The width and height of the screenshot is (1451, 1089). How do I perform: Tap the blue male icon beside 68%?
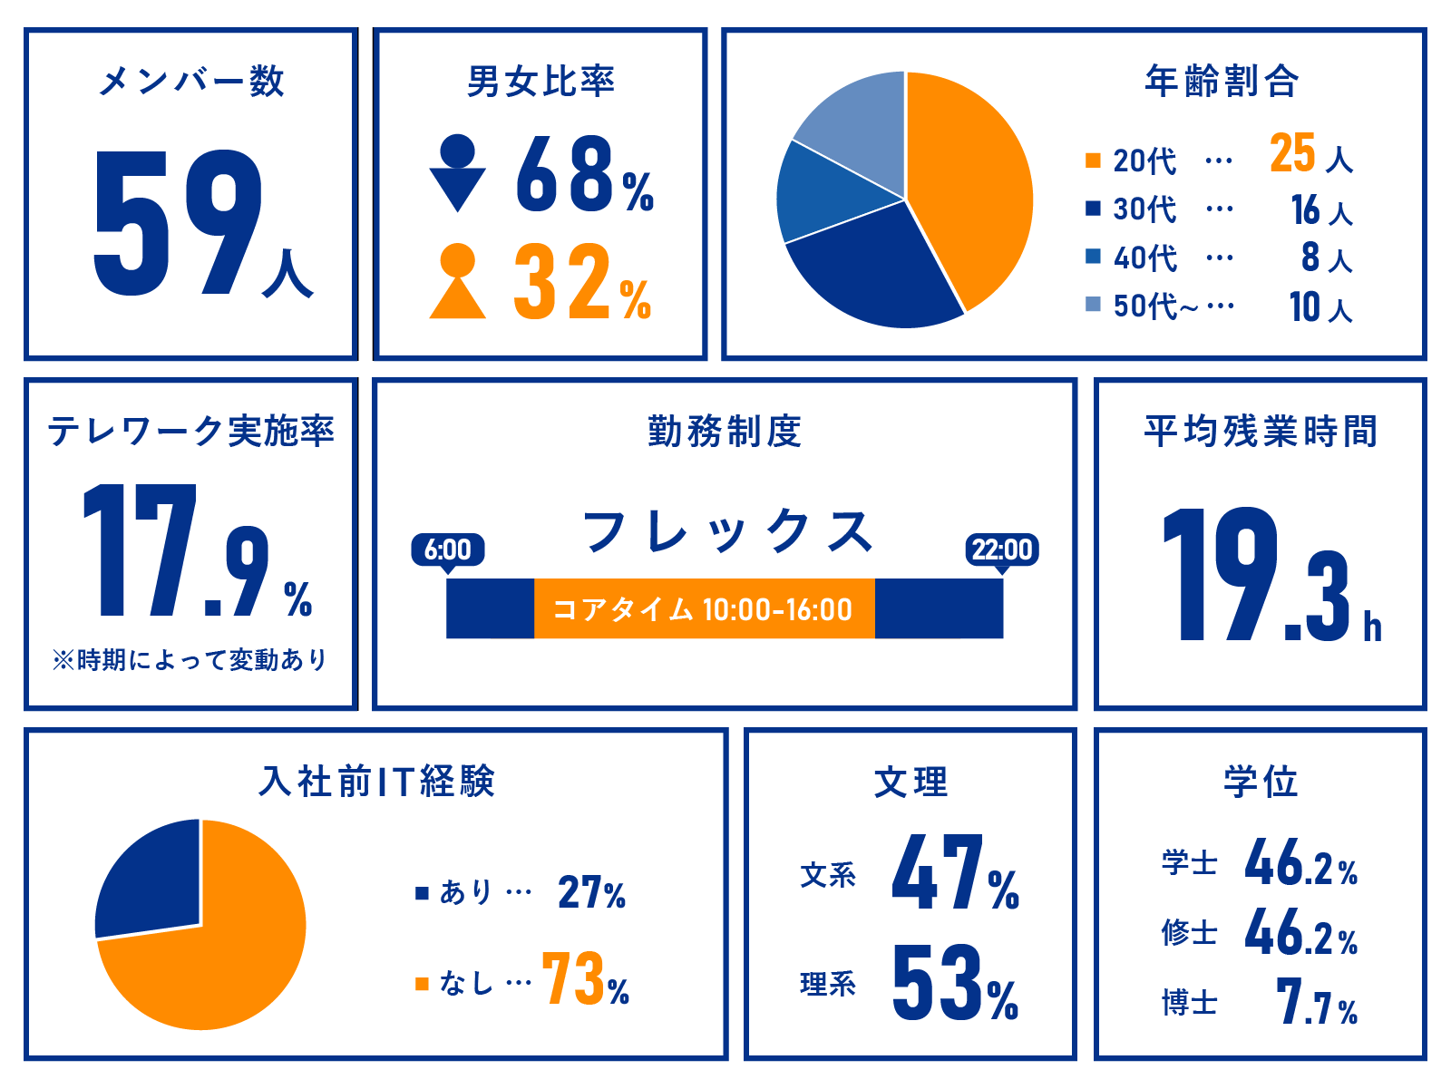point(457,172)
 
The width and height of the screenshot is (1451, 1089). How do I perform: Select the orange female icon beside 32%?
point(457,281)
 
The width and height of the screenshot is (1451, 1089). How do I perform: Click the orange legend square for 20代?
point(1093,161)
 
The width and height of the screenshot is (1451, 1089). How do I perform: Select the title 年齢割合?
point(1222,82)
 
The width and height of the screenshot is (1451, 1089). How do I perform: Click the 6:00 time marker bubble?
point(447,549)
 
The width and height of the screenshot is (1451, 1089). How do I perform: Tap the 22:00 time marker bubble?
point(1002,549)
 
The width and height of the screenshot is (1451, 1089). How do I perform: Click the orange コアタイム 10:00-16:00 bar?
point(704,609)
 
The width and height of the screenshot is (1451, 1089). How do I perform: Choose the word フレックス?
point(727,531)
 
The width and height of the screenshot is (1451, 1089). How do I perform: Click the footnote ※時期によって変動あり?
point(190,659)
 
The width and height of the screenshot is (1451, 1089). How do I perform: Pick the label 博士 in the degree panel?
point(1189,1004)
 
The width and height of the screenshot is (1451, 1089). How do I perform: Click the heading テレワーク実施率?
point(190,431)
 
